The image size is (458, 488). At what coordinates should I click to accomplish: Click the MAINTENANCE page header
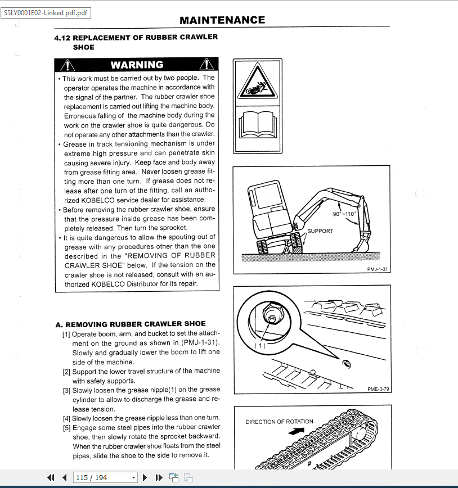pyautogui.click(x=222, y=20)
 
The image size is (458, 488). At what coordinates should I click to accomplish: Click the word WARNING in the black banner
pyautogui.click(x=137, y=65)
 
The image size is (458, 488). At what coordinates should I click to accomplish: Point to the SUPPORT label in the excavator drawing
pyautogui.click(x=320, y=231)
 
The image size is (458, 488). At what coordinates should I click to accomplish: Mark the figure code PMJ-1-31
pyautogui.click(x=378, y=269)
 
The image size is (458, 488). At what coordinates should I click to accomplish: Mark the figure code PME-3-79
pyautogui.click(x=378, y=389)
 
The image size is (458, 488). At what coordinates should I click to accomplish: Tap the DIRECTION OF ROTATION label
pyautogui.click(x=279, y=422)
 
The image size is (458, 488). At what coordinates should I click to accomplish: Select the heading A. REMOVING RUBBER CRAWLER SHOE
pyautogui.click(x=131, y=324)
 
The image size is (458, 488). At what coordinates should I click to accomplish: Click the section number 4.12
pyautogui.click(x=62, y=38)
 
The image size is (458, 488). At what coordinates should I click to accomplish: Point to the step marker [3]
pyautogui.click(x=66, y=390)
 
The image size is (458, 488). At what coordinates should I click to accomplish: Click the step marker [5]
pyautogui.click(x=66, y=427)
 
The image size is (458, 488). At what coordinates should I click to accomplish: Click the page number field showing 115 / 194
pyautogui.click(x=105, y=477)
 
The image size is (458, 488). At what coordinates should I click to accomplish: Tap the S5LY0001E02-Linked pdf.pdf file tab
pyautogui.click(x=46, y=13)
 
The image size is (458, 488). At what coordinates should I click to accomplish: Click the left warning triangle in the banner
pyautogui.click(x=65, y=65)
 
